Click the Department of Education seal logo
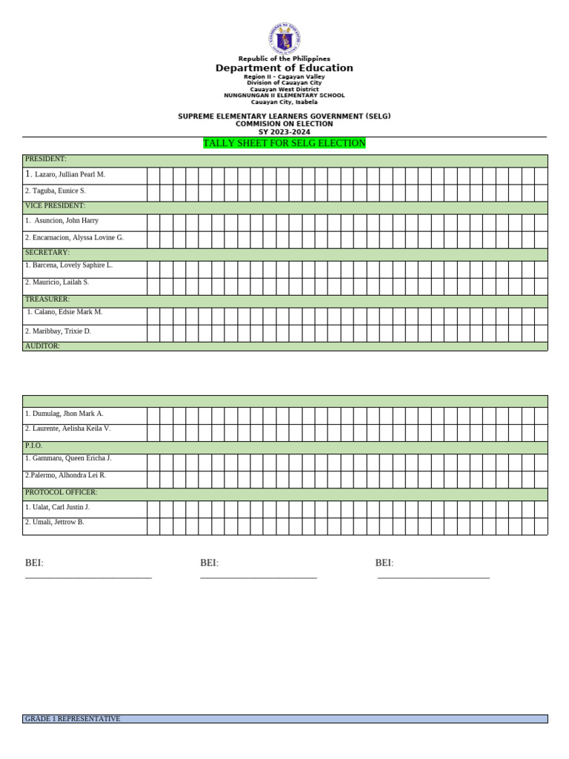coord(284,38)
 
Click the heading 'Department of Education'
coord(284,68)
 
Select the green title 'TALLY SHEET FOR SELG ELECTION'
coord(284,143)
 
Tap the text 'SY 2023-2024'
coord(284,132)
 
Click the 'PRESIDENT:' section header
coord(46,159)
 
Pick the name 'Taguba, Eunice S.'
coord(59,191)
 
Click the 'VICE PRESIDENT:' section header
coord(55,206)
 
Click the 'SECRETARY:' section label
coord(47,253)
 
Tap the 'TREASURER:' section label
coord(47,299)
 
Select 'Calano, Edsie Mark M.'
coord(68,312)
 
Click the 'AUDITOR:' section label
coord(42,346)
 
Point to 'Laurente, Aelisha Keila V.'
coord(71,428)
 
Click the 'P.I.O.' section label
coord(34,445)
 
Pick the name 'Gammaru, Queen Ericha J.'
coord(71,458)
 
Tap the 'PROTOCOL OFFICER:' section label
coord(61,492)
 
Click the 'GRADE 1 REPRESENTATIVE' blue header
coord(73,719)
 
